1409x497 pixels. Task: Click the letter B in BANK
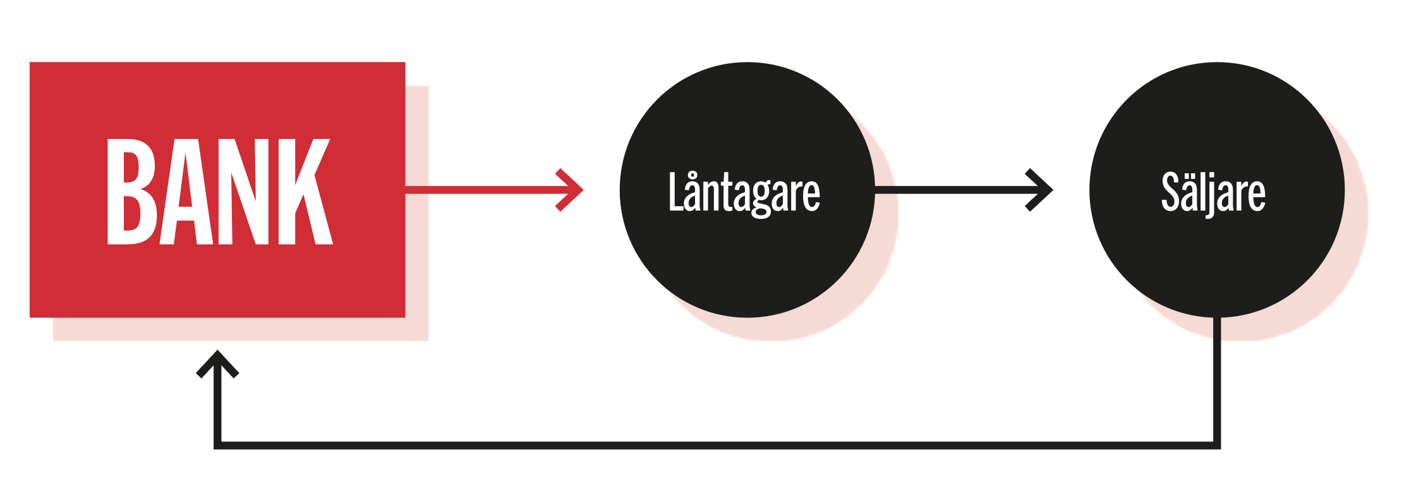[130, 192]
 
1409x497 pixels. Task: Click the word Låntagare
[744, 193]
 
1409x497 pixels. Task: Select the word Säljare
[1213, 193]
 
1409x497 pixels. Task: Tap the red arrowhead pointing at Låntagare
[572, 190]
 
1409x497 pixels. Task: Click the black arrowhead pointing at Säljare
[1042, 190]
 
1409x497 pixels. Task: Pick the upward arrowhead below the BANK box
[217, 362]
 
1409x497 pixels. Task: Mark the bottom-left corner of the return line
[217, 445]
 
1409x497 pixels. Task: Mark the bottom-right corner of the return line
[1217, 445]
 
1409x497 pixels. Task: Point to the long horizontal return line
[714, 445]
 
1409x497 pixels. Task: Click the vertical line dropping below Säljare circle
[1217, 379]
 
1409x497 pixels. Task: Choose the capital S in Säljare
[1171, 192]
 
